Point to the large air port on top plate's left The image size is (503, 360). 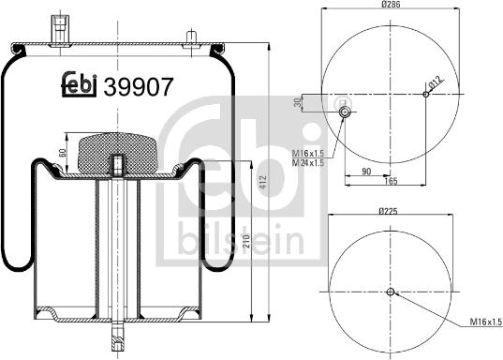61,27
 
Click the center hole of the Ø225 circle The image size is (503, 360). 391,292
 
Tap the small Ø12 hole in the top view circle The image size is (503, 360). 426,93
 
